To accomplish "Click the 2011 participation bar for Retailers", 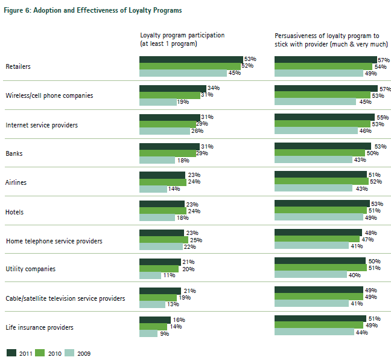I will (191, 59).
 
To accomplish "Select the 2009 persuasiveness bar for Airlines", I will (313, 188).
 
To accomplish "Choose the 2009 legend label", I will (83, 353).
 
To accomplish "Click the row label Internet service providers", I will (41, 125).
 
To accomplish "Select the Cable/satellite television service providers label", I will (65, 298).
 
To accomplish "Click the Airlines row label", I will (16, 182).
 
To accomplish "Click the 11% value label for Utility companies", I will (168, 275).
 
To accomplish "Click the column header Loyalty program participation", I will (182, 35).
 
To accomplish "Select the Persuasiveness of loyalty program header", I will (328, 35).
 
